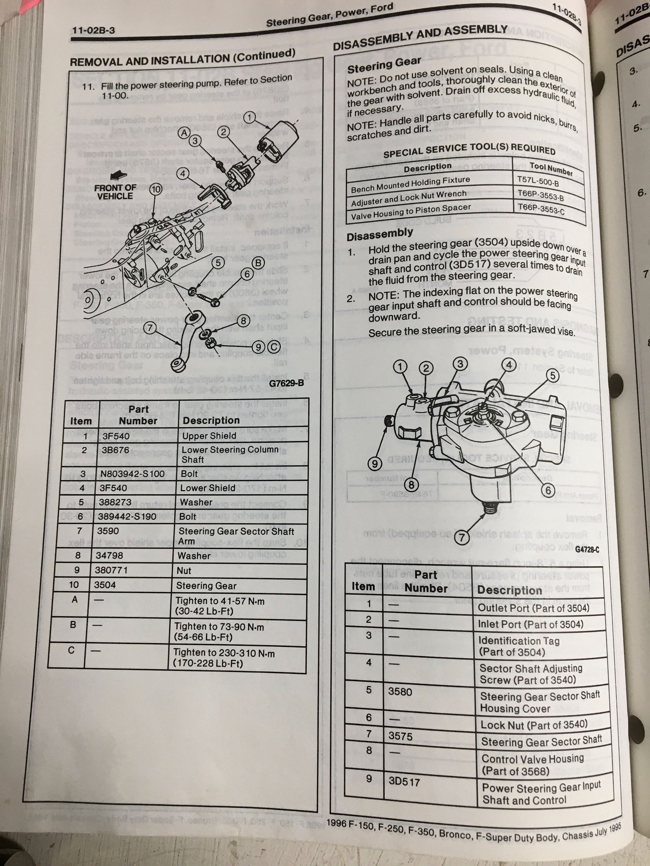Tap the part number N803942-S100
133,474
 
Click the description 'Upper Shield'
209,436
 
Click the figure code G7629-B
286,383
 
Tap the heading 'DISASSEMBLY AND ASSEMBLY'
420,38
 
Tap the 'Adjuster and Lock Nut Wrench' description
409,198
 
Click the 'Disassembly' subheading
380,234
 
